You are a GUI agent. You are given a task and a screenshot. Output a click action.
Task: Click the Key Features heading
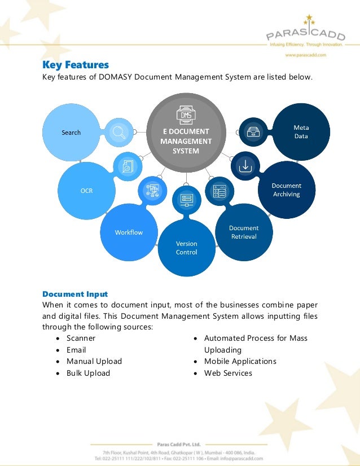(76, 65)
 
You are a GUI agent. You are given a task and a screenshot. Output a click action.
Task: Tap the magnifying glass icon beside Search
(119, 132)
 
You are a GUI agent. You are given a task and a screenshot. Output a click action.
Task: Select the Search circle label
(71, 133)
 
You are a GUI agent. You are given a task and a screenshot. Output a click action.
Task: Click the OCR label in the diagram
(86, 191)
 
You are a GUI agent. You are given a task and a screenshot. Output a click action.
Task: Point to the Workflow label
(129, 232)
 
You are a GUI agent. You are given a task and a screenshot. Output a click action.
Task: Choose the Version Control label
(186, 248)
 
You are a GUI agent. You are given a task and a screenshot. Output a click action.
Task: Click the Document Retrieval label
(244, 232)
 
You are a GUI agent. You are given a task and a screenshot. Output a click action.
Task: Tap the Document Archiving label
(287, 190)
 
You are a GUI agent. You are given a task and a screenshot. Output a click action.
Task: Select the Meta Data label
(301, 132)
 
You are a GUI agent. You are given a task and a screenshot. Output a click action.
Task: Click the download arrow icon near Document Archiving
(245, 166)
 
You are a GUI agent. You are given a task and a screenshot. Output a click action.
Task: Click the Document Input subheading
(75, 294)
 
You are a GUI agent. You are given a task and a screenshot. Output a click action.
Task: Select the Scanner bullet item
(81, 338)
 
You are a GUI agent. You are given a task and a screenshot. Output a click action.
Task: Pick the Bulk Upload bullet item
(88, 373)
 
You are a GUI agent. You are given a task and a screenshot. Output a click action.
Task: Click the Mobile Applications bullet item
(240, 361)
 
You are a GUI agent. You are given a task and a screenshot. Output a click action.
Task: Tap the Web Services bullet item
(228, 373)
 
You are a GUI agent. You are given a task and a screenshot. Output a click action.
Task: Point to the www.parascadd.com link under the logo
(305, 55)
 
